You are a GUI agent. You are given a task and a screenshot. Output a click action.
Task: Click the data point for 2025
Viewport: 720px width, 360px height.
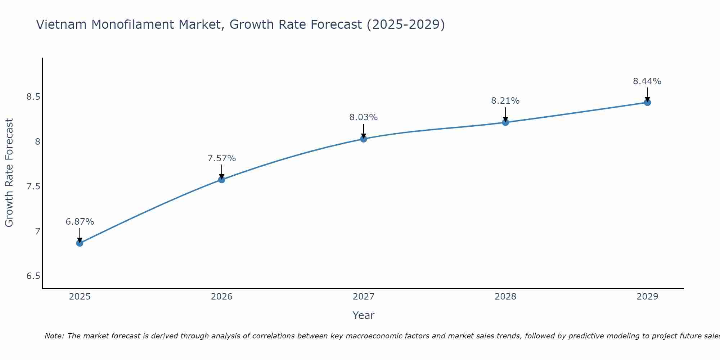click(80, 243)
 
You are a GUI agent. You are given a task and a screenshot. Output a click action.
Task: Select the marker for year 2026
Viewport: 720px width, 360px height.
click(222, 179)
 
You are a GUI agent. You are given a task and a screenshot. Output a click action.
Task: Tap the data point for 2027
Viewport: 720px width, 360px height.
click(364, 139)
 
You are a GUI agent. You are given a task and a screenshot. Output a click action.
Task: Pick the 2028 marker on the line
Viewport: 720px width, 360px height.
click(505, 122)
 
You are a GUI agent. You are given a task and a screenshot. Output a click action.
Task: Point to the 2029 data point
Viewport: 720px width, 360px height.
click(647, 102)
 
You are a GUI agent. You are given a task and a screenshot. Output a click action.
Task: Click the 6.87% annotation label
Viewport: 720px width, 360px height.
click(80, 222)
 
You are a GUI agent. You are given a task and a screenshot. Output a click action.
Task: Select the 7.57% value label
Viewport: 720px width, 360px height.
click(222, 158)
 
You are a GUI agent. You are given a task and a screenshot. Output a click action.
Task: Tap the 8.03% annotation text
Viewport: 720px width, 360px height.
click(364, 117)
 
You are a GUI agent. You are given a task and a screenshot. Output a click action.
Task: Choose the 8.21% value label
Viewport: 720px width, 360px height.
click(505, 101)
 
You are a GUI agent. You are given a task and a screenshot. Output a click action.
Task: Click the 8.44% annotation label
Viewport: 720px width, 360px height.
click(647, 81)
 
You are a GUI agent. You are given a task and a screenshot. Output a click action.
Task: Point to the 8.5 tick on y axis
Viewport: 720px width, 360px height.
click(33, 97)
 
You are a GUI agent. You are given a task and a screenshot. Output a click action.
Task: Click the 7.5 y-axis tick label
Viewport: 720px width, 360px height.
click(33, 186)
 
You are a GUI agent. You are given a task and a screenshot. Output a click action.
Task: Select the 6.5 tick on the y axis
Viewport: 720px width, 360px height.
click(33, 276)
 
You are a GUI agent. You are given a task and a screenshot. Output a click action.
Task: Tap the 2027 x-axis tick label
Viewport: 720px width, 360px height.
click(364, 297)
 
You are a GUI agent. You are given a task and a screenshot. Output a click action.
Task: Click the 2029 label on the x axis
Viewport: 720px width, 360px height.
click(647, 297)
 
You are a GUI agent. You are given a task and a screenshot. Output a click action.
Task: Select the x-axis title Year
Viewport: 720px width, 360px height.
click(364, 315)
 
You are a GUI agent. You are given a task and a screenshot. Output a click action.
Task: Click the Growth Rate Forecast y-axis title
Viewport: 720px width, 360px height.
click(9, 173)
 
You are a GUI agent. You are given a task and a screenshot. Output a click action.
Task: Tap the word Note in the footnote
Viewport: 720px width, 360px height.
click(54, 336)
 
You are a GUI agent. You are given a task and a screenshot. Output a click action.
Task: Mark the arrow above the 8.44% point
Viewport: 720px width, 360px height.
click(647, 94)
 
